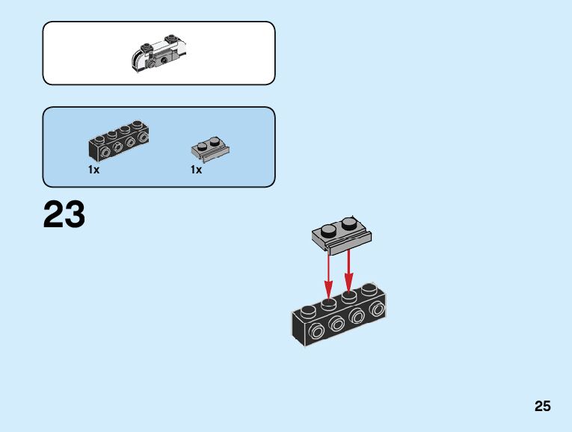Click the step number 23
tap(64, 215)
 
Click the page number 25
tap(542, 407)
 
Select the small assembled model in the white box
tap(159, 52)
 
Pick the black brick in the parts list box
tap(118, 143)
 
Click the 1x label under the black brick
tap(93, 170)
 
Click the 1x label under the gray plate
tap(196, 170)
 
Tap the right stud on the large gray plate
tap(348, 222)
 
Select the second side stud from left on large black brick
tap(336, 324)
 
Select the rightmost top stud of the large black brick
tap(368, 288)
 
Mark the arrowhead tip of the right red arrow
tap(348, 290)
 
